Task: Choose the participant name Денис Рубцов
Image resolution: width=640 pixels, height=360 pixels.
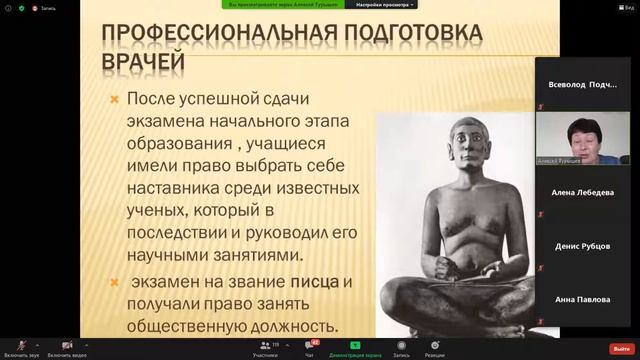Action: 585,246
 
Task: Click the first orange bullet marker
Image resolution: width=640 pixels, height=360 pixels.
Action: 115,100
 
